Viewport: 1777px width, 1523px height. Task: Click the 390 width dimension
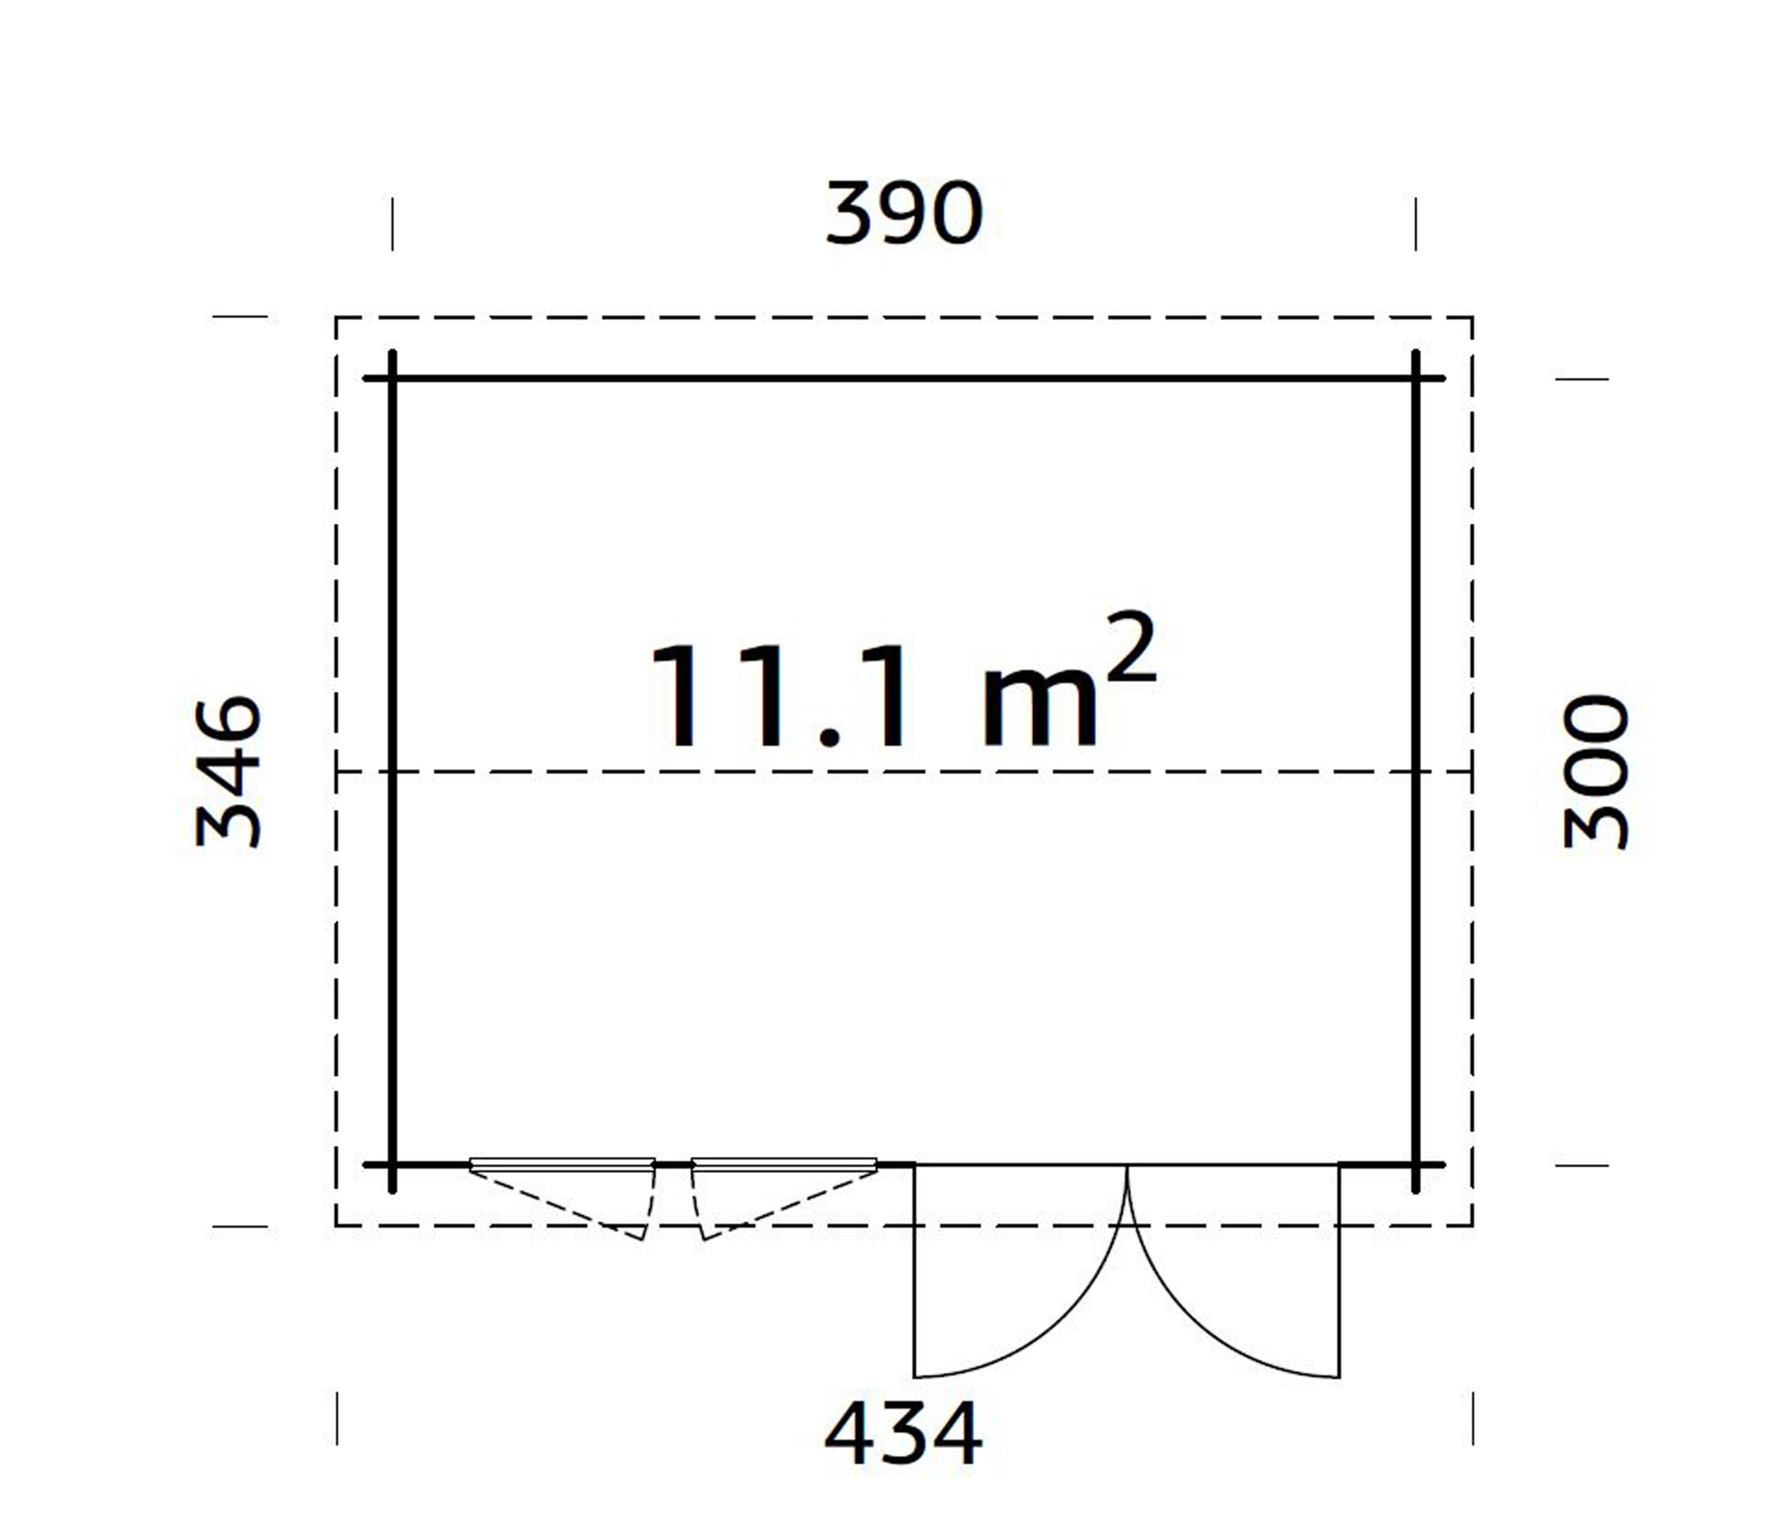coord(903,213)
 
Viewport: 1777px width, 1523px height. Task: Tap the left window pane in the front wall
coord(562,1164)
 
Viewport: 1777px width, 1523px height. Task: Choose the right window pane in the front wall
coord(784,1164)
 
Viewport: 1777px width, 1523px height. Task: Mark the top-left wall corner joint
coord(393,378)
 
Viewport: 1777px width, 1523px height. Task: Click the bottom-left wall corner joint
coord(393,1165)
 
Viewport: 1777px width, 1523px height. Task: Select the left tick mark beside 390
coord(393,224)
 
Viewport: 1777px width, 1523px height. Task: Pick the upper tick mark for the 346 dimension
coord(240,317)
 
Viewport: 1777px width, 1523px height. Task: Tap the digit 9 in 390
coord(903,213)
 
